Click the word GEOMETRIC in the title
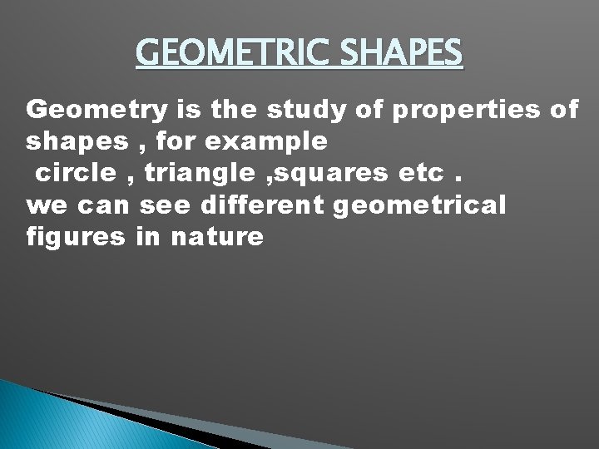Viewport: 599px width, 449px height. [x=216, y=54]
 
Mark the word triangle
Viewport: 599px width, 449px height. [x=197, y=174]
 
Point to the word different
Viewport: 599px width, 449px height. [x=262, y=205]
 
